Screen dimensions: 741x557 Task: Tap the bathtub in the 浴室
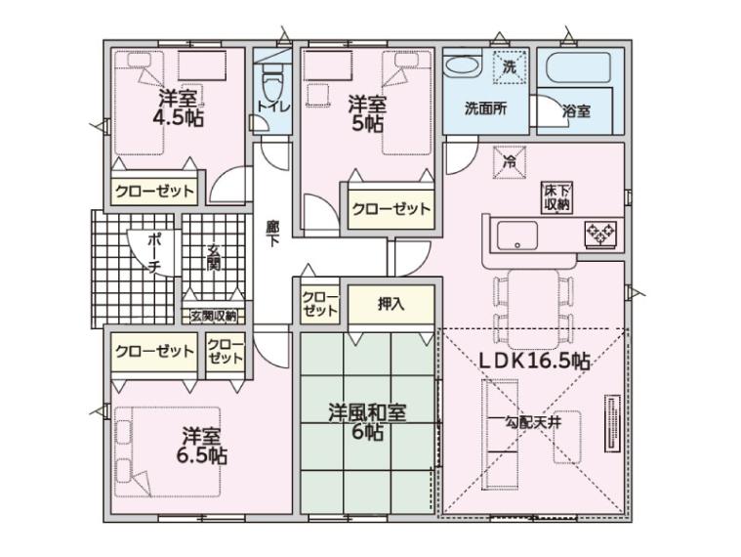click(x=578, y=68)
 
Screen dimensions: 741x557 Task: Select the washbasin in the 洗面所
click(x=464, y=65)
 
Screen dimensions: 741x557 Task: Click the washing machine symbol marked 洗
click(x=510, y=67)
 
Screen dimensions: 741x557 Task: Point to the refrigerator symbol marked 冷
click(x=510, y=162)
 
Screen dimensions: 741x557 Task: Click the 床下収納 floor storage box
click(x=557, y=197)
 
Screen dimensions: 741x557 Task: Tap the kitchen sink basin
click(x=517, y=236)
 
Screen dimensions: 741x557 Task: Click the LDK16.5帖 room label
click(x=534, y=362)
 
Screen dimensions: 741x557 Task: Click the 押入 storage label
click(x=391, y=304)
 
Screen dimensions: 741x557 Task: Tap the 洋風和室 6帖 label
click(x=368, y=422)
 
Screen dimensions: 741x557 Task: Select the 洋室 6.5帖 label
click(x=202, y=446)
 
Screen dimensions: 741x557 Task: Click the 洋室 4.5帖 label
click(x=178, y=107)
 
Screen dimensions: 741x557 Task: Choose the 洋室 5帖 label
click(x=367, y=114)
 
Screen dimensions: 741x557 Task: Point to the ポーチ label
click(x=154, y=253)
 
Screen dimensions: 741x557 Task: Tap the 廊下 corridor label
click(x=272, y=234)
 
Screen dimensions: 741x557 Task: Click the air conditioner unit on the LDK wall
click(x=612, y=424)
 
